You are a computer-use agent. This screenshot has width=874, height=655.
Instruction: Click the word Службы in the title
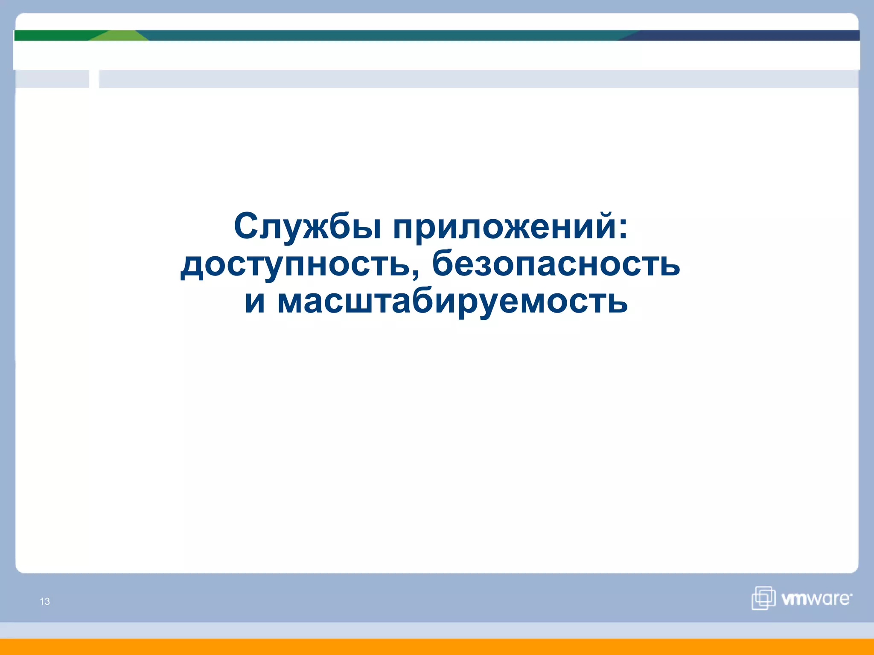coord(307,226)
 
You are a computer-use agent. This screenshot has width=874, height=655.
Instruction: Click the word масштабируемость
coord(452,301)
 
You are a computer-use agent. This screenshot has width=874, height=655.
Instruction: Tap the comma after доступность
coord(416,273)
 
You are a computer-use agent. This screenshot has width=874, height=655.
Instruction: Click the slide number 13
coord(45,601)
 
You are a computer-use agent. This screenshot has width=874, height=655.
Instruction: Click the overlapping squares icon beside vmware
coord(763,598)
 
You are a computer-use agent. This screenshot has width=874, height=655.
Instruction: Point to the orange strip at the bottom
coord(437,646)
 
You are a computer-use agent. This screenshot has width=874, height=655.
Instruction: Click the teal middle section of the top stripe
coord(384,35)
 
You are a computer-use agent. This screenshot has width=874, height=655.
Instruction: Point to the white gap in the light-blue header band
coord(94,79)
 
